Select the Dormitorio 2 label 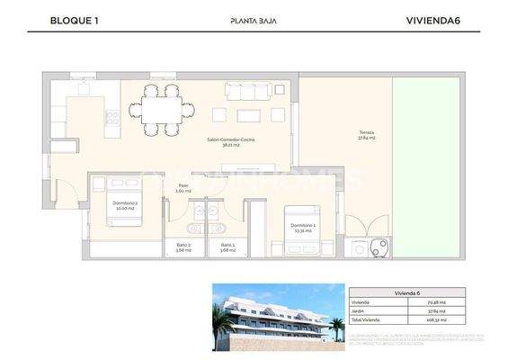(x=125, y=205)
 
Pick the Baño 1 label (x=227, y=247)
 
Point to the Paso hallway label (x=183, y=189)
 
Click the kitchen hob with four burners (x=114, y=116)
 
